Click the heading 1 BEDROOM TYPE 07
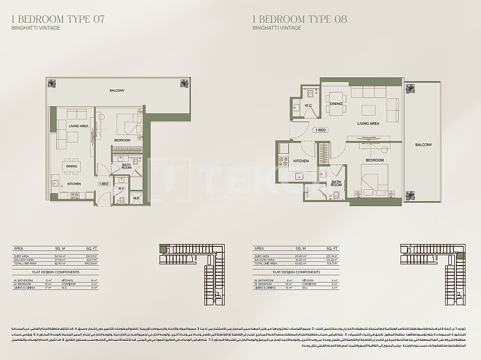[x=58, y=19]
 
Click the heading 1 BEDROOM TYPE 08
[x=300, y=19]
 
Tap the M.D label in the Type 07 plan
[x=136, y=198]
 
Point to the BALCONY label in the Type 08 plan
[x=423, y=144]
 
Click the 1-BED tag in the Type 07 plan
[x=104, y=184]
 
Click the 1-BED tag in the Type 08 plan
[x=320, y=130]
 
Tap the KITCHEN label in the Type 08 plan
[x=300, y=161]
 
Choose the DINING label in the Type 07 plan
[x=72, y=167]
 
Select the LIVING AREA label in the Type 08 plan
[x=368, y=123]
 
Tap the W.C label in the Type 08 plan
[x=309, y=105]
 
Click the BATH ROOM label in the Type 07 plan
[x=126, y=167]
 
